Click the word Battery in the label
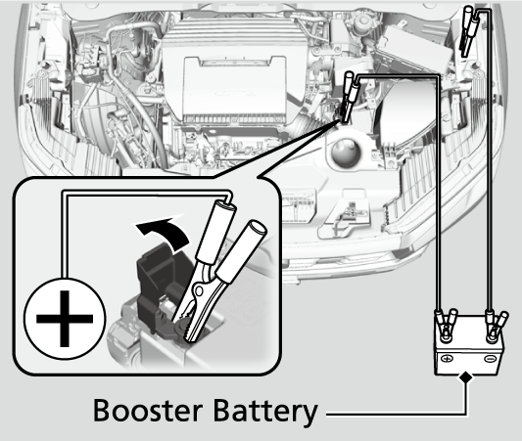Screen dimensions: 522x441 pos(264,412)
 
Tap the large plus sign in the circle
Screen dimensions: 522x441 pos(65,319)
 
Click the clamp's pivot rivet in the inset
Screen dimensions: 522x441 pos(199,290)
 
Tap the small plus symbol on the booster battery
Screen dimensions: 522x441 pos(448,359)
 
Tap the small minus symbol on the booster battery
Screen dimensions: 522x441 pos(490,359)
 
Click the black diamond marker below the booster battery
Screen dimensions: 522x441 pos(466,377)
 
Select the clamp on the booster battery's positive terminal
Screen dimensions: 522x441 pos(446,325)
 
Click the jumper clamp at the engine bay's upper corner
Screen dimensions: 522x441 pos(469,31)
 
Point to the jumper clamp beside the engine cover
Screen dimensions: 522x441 pos(349,97)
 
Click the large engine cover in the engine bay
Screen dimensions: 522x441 pos(234,89)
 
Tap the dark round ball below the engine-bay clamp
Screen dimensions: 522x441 pos(347,153)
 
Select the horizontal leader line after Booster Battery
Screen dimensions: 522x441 pos(397,415)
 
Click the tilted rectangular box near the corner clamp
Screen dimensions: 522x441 pos(414,47)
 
